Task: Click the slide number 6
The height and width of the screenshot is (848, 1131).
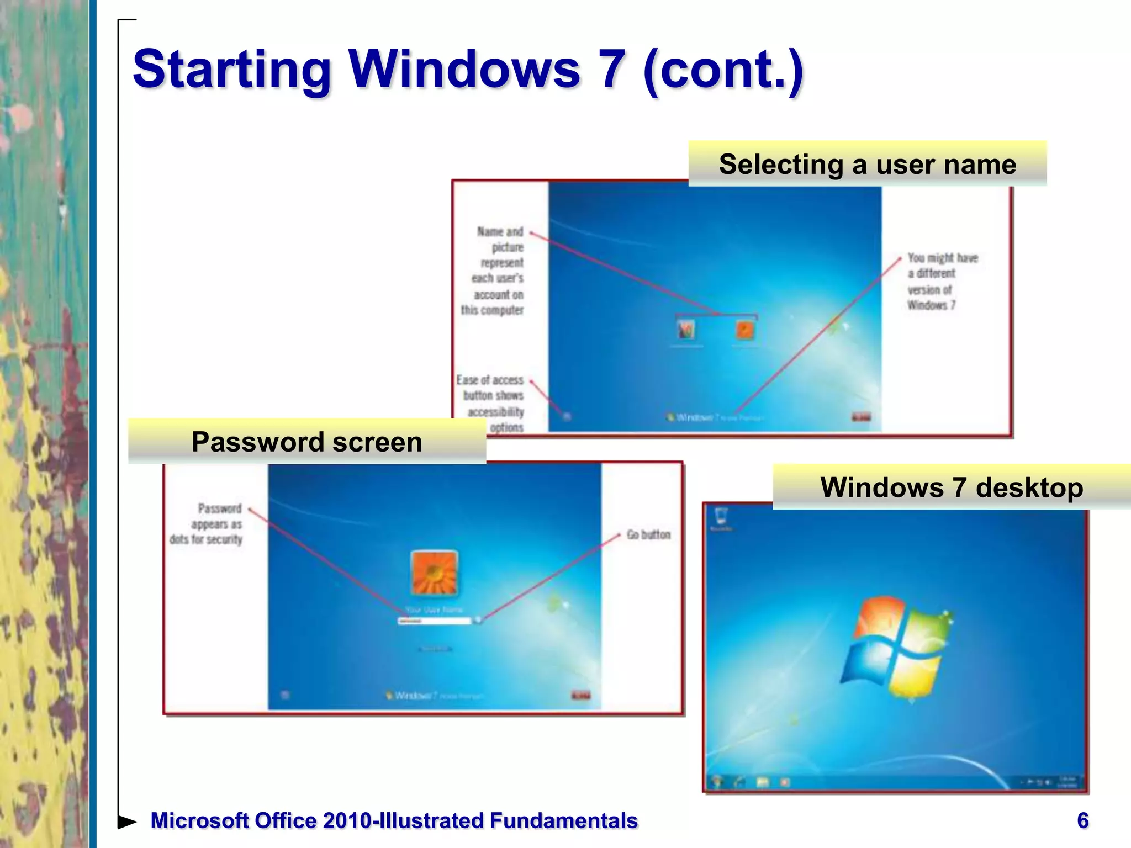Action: (x=1082, y=820)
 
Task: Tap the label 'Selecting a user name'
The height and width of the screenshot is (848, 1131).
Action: (x=867, y=165)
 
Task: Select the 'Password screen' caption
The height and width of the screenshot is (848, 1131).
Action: (x=307, y=442)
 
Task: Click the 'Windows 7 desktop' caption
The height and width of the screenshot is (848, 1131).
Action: (x=952, y=487)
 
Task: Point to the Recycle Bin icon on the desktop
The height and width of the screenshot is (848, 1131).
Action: (x=721, y=517)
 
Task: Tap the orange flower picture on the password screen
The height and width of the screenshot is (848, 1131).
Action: (x=435, y=573)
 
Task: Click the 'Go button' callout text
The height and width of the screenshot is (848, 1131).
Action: (x=648, y=534)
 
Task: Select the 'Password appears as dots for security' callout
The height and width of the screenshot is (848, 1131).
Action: (x=207, y=523)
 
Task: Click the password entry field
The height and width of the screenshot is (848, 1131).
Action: (x=434, y=621)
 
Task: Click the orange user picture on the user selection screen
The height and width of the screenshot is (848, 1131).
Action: (x=745, y=330)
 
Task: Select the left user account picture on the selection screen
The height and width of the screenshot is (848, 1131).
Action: (x=686, y=330)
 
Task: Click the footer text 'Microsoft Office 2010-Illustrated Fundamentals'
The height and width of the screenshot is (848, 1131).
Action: (x=394, y=821)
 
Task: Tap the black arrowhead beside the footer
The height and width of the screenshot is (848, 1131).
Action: (x=127, y=821)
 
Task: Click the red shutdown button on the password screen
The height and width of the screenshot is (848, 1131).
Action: (x=580, y=695)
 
